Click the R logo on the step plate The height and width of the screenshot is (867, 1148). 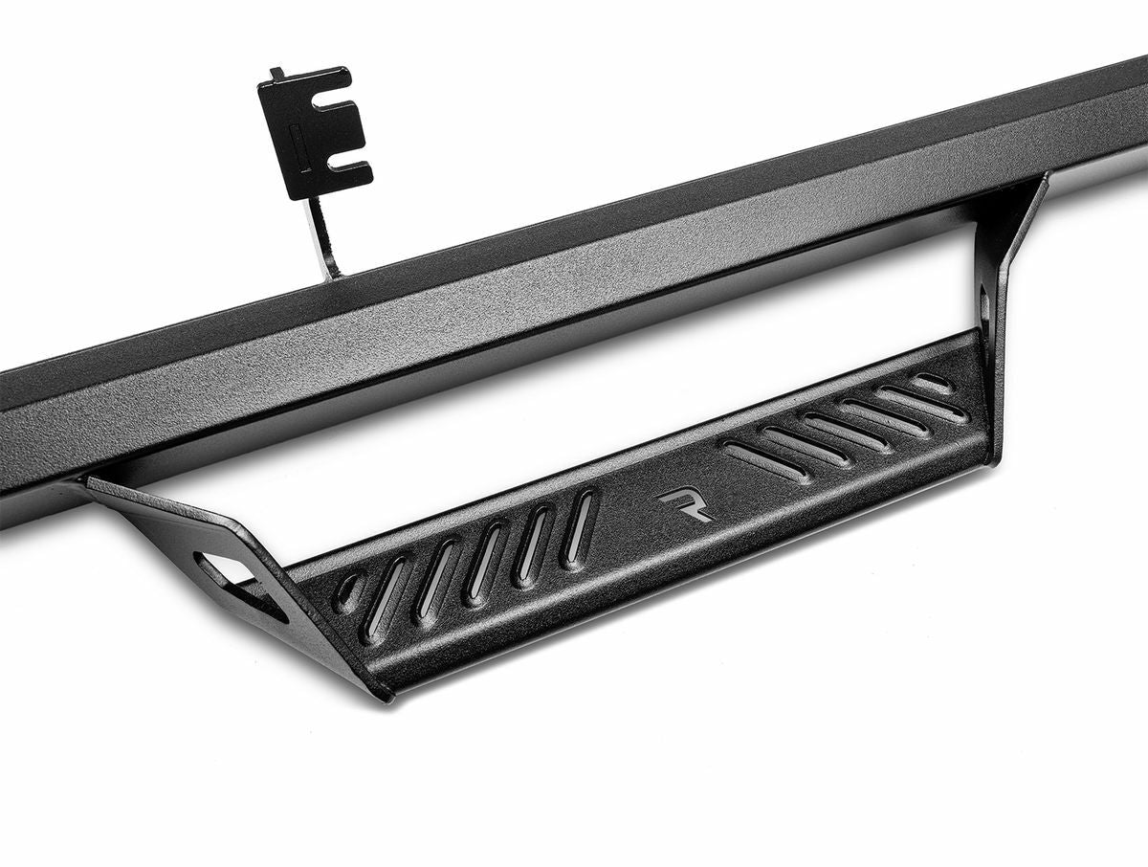pyautogui.click(x=686, y=505)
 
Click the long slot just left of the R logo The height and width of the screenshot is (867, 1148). pyautogui.click(x=578, y=526)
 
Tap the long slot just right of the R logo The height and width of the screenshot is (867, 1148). pyautogui.click(x=765, y=461)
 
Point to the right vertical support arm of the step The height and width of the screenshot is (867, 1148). pyautogui.click(x=1004, y=278)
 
